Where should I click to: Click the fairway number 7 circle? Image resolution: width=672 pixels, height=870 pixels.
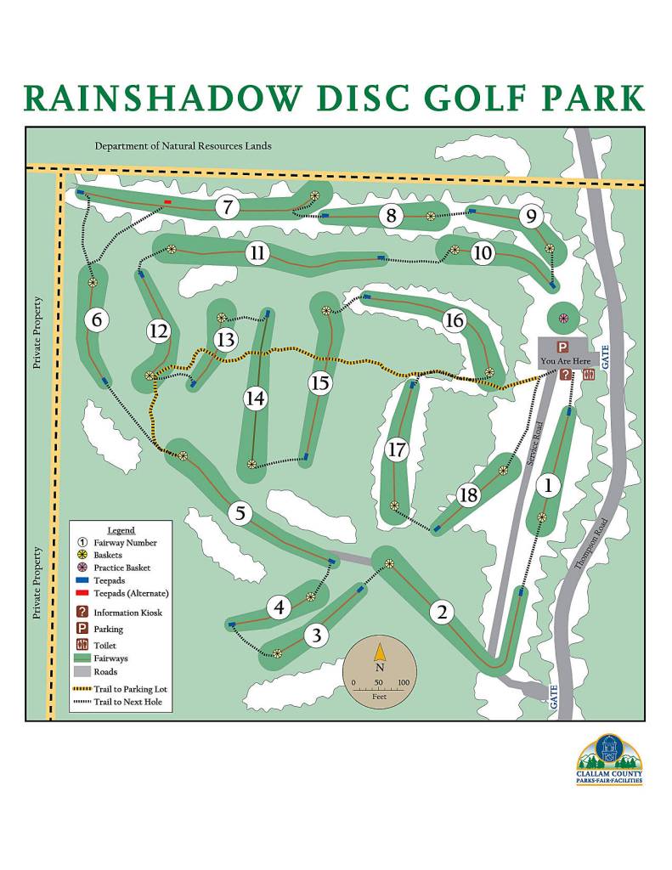(x=227, y=207)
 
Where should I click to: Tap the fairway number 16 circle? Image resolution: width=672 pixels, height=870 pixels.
(x=455, y=320)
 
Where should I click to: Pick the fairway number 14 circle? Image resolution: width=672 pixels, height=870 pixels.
(x=255, y=398)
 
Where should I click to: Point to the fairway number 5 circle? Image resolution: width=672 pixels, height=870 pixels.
(x=240, y=513)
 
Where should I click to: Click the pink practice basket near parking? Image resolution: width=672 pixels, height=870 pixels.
(x=562, y=319)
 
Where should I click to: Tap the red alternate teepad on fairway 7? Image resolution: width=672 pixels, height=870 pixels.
(x=167, y=202)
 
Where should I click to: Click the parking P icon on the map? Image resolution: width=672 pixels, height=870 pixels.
(x=562, y=347)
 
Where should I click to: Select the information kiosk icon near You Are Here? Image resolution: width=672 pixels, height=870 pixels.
(x=565, y=375)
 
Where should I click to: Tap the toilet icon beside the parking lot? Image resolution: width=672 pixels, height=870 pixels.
(x=589, y=375)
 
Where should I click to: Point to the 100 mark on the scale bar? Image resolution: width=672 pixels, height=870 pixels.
(x=404, y=682)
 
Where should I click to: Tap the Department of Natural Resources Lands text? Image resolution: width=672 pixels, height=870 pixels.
(x=183, y=146)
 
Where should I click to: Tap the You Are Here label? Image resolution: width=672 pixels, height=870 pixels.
(x=565, y=360)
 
